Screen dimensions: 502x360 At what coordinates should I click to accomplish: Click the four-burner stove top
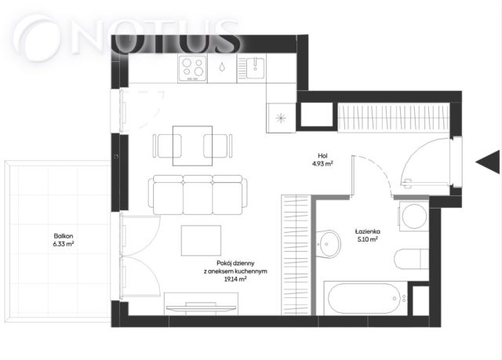[192, 68]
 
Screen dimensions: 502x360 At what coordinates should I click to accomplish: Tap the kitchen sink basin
[255, 67]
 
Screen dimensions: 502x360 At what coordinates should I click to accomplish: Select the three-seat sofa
[198, 195]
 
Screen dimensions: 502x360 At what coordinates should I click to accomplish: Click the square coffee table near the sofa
[201, 241]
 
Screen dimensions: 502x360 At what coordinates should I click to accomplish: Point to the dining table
[192, 146]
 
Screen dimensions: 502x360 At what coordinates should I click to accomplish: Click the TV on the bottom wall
[201, 307]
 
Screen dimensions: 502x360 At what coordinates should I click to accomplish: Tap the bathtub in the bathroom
[365, 298]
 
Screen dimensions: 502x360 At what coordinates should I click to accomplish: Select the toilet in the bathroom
[412, 259]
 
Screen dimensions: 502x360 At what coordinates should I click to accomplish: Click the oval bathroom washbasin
[328, 243]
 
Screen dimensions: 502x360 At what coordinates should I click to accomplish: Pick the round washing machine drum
[414, 216]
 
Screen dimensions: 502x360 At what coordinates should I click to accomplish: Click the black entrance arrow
[488, 162]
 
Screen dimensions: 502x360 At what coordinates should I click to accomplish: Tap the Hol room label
[322, 156]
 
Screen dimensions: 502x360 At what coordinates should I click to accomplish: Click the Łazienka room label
[367, 231]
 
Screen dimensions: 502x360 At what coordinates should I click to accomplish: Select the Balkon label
[64, 236]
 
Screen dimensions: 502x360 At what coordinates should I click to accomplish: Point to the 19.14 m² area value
[235, 279]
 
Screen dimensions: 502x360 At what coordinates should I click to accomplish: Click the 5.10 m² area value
[368, 239]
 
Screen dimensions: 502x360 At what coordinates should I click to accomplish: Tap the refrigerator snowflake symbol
[281, 118]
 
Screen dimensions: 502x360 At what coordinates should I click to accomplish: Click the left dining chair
[167, 146]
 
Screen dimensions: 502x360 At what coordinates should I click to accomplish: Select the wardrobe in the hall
[394, 118]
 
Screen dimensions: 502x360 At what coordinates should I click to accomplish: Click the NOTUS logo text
[127, 38]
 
